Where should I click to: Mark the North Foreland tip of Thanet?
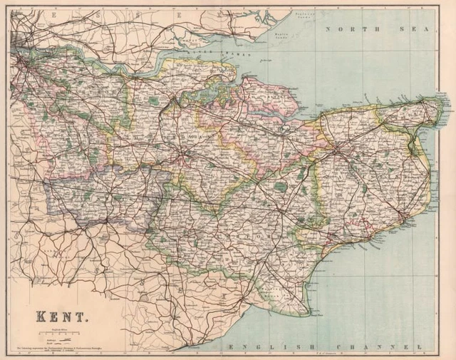coord(447,104)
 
